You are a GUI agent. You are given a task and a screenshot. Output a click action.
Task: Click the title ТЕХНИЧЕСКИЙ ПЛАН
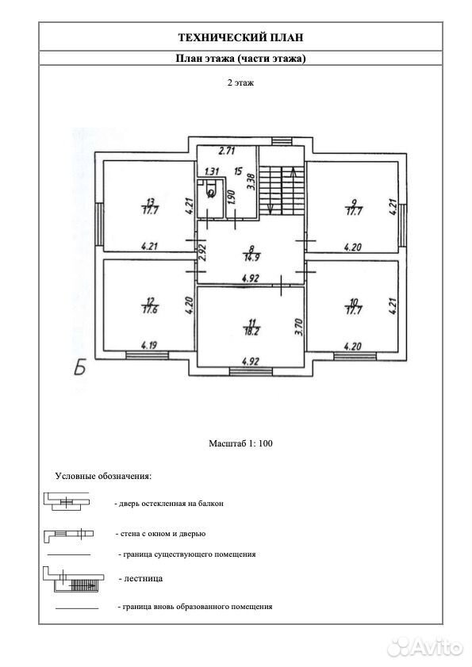point(240,37)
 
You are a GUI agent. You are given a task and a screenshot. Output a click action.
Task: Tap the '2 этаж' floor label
point(240,82)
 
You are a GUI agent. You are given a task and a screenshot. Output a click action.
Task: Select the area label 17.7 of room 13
point(150,209)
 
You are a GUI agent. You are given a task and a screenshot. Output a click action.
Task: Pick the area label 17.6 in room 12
point(150,309)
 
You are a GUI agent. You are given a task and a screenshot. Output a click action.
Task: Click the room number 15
point(238,171)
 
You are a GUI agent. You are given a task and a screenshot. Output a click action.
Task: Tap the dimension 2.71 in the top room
point(227,151)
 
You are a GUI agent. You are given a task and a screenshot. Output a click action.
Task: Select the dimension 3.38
point(251,181)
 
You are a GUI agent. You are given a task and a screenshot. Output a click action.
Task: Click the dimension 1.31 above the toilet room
point(212,171)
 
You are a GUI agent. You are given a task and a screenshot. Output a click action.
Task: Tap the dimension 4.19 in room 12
point(148,344)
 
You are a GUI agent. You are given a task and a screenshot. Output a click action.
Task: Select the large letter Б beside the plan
point(79,367)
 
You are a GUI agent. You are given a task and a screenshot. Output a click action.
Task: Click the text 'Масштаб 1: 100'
point(240,443)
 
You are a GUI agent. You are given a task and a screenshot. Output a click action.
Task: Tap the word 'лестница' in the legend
point(144,578)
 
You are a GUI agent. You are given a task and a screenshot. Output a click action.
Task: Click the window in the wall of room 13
point(98,224)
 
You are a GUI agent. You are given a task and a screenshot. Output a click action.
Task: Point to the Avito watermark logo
point(424,647)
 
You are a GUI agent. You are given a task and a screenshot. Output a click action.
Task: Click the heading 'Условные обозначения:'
point(103,476)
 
